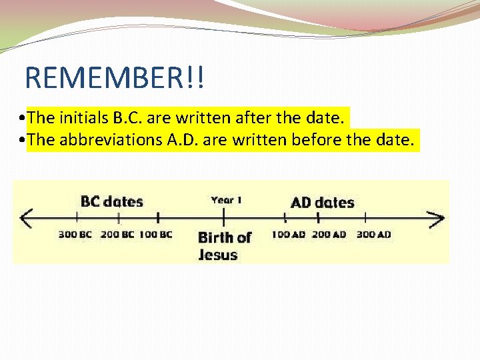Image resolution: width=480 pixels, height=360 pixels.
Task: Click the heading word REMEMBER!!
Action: (x=115, y=78)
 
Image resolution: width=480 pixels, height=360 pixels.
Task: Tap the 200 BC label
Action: (x=117, y=234)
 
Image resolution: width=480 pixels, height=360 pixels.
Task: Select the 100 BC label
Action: (x=156, y=234)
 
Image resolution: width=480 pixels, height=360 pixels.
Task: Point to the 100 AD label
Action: (x=288, y=234)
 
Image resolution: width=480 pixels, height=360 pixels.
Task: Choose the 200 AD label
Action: (x=329, y=234)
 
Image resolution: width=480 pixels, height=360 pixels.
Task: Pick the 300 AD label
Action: (x=373, y=234)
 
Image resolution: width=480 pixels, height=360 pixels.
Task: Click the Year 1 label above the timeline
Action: (x=226, y=199)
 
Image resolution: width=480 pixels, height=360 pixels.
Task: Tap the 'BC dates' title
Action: (x=111, y=201)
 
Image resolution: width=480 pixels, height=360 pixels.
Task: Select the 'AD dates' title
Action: (x=323, y=202)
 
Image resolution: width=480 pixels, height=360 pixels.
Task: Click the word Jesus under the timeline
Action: (x=217, y=254)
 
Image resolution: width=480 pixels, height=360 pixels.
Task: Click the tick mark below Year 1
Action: (x=223, y=217)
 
